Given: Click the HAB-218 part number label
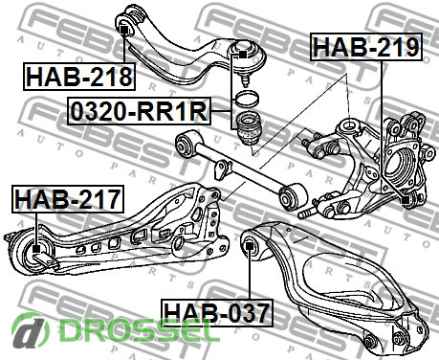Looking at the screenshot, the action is tap(79, 77).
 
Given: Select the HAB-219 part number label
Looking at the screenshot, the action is tap(366, 47).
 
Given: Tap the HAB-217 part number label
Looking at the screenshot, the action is tap(68, 199).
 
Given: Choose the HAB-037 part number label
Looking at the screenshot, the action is tap(217, 313).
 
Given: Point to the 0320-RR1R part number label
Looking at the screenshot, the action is tap(140, 111).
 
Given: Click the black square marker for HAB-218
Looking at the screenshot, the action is tap(123, 30).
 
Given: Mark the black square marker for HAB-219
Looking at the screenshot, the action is tap(406, 200).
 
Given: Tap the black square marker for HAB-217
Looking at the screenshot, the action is tap(36, 249).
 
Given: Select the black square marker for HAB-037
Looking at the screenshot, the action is tap(250, 246).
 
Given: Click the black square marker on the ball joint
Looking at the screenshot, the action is tap(242, 55).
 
